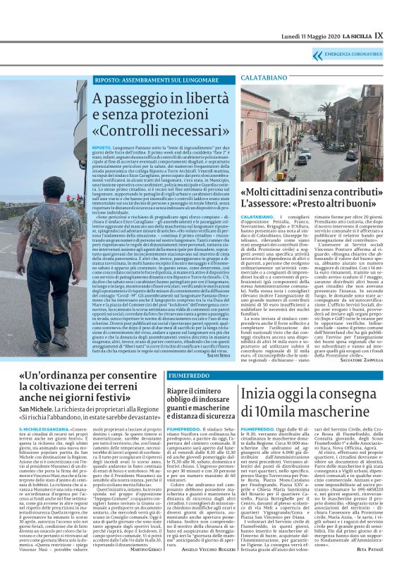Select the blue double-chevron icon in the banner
tap(310, 55)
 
